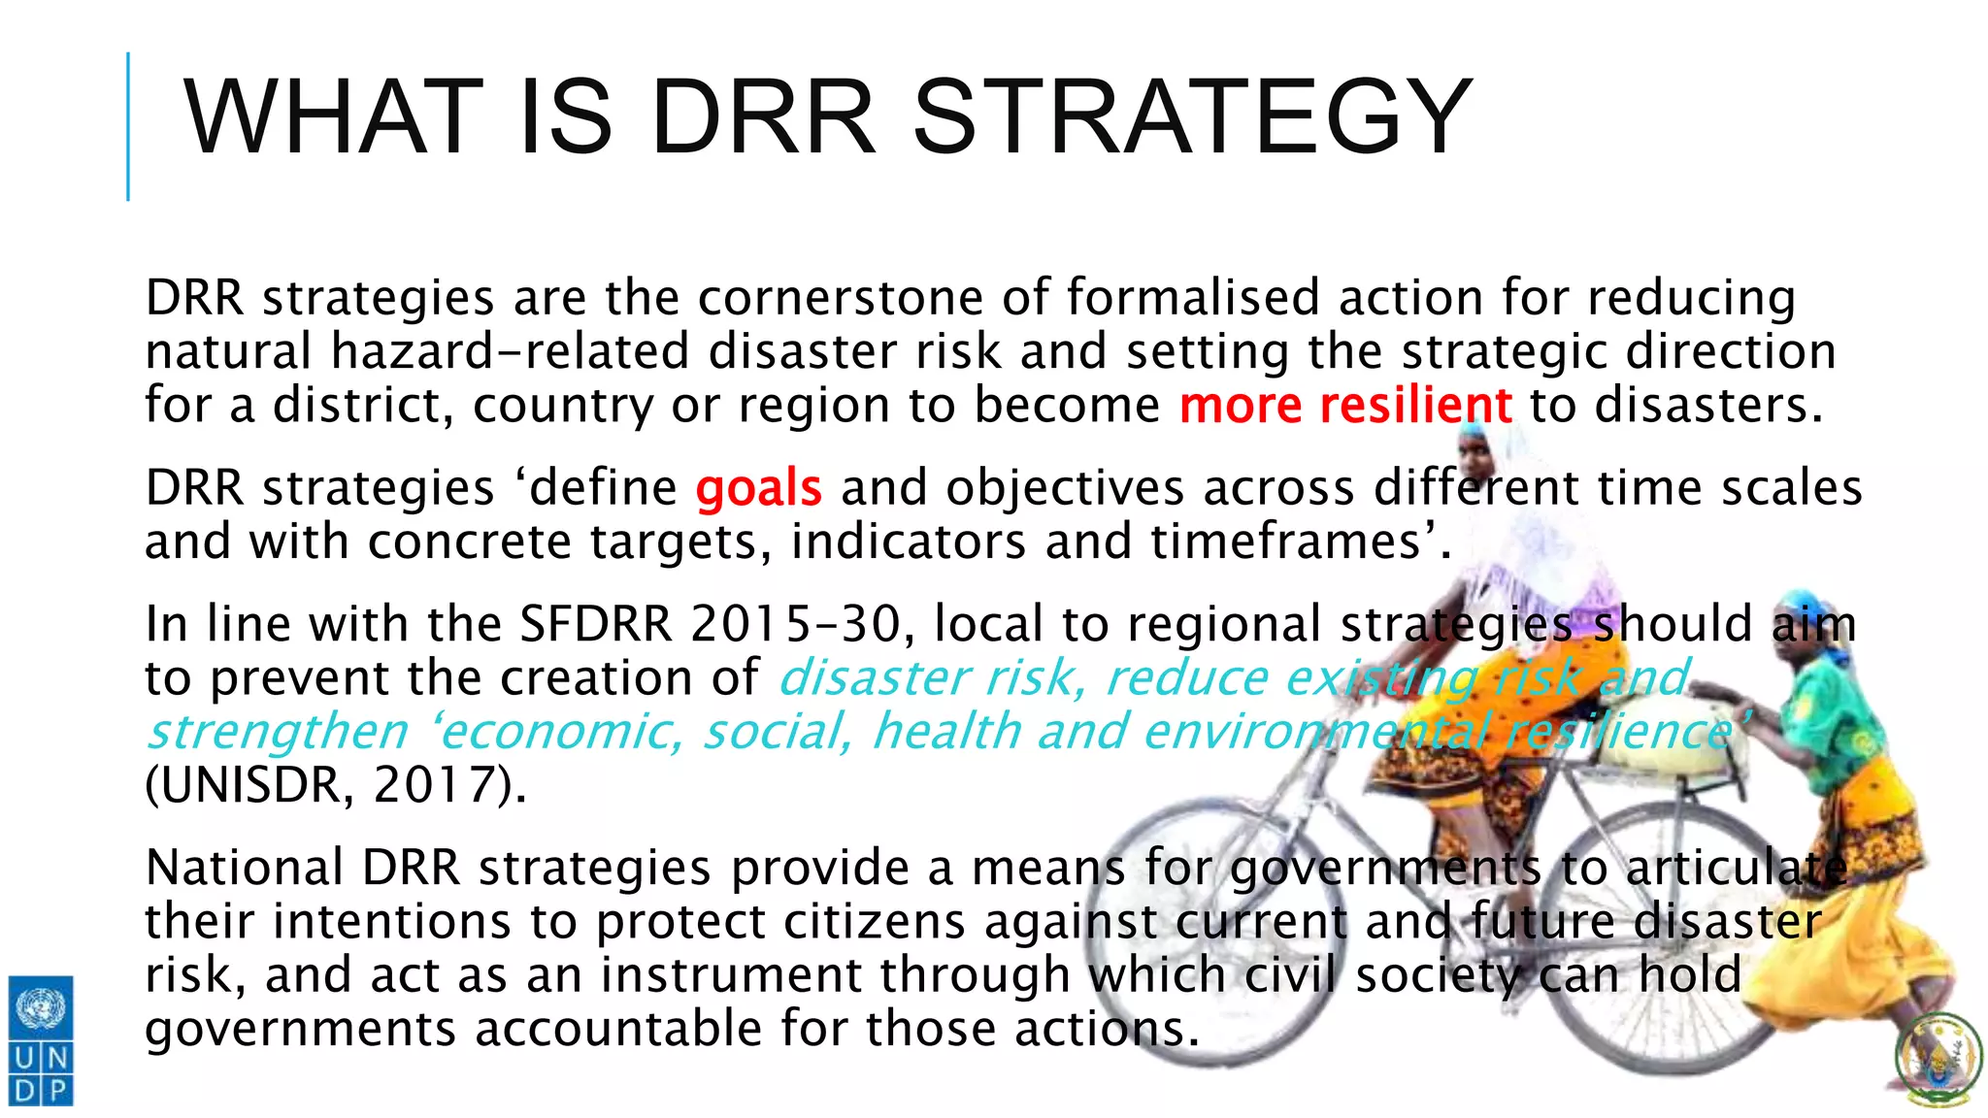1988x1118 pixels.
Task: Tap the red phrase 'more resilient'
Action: pyautogui.click(x=1345, y=405)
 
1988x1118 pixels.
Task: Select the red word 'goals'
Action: pyautogui.click(x=758, y=487)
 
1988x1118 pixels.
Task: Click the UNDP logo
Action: pyautogui.click(x=41, y=1039)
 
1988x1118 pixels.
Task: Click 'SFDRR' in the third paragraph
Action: pyautogui.click(x=595, y=624)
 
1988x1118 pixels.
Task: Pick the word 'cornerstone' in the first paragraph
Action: pyautogui.click(x=840, y=297)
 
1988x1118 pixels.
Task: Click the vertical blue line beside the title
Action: pyautogui.click(x=128, y=126)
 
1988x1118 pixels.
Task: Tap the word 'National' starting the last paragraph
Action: pyautogui.click(x=244, y=868)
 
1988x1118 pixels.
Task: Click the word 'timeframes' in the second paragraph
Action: pyautogui.click(x=1286, y=542)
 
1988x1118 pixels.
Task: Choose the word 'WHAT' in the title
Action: pyautogui.click(x=333, y=117)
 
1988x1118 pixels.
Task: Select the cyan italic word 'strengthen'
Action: pyautogui.click(x=278, y=732)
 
